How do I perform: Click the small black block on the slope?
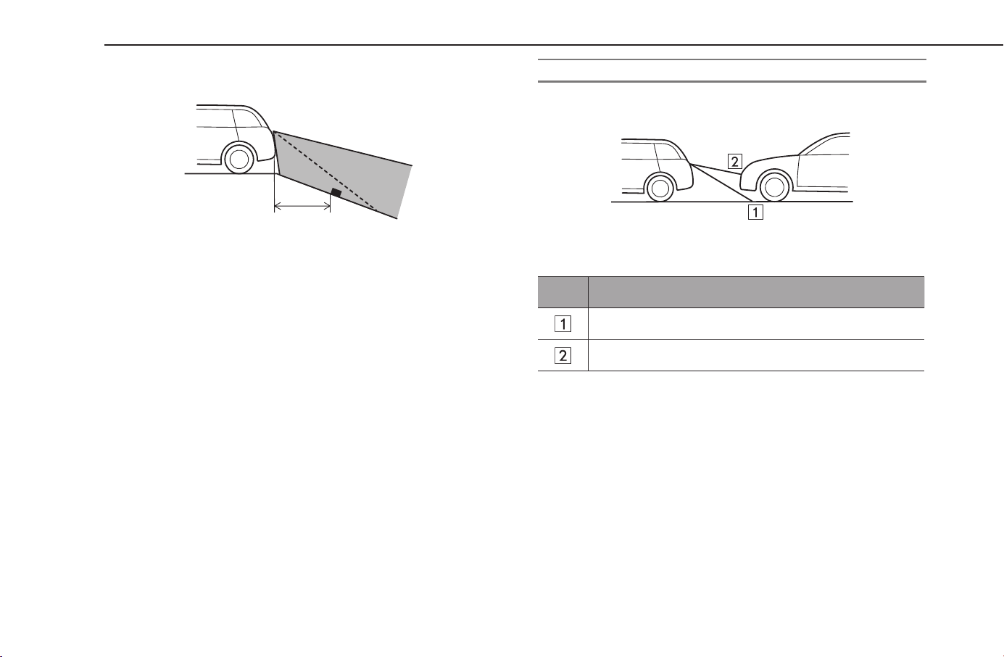336,194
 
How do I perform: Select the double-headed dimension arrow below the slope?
302,206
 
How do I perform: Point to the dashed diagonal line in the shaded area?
325,170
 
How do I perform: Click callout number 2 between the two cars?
734,162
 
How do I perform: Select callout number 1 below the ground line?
755,212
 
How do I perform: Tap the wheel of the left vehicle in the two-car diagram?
660,189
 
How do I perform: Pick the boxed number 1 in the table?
563,324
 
